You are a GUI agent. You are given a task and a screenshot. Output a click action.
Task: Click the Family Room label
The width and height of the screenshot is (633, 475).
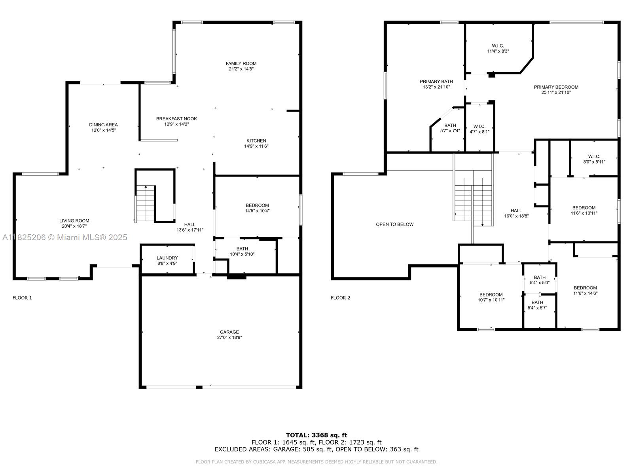tap(241, 63)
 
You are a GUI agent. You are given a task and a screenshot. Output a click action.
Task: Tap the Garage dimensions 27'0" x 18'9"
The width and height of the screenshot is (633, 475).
tap(229, 337)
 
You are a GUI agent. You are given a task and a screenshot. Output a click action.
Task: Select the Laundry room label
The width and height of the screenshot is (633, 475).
tap(167, 258)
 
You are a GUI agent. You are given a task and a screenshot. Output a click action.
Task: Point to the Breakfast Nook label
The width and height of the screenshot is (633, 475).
tap(176, 118)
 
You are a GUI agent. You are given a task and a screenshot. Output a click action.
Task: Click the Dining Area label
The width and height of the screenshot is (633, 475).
tap(103, 125)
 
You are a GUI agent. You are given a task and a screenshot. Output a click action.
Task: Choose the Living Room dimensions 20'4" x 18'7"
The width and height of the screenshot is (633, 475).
tap(74, 226)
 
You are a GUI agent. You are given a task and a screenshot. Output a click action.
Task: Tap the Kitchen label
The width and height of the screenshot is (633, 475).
tap(256, 141)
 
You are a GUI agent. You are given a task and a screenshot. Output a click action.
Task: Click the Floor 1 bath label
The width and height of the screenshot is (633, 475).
tap(242, 249)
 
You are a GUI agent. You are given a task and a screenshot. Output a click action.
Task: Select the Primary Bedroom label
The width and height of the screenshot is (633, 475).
tap(556, 87)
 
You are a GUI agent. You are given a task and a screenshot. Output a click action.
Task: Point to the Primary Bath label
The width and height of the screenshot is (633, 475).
tap(436, 82)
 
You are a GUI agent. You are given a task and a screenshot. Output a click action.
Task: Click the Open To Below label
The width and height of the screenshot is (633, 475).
tap(395, 224)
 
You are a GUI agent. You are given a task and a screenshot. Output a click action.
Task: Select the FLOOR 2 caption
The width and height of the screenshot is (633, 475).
tap(341, 298)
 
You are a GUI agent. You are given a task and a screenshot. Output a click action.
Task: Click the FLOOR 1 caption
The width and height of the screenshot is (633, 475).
tap(22, 298)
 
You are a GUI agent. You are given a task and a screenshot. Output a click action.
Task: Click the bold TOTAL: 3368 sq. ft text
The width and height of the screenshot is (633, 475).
tap(316, 435)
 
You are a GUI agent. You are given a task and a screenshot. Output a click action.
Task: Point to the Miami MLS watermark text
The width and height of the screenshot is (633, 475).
tap(64, 237)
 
